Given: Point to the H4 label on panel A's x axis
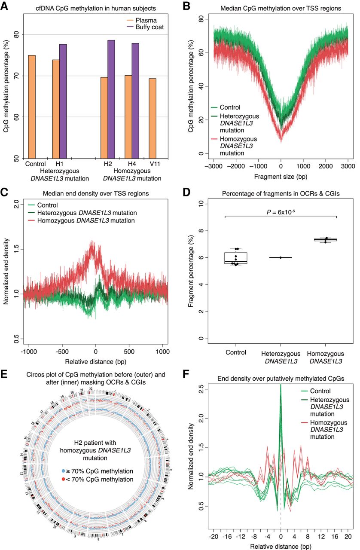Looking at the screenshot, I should coord(131,164).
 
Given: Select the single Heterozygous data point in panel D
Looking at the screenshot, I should coord(280,257).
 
